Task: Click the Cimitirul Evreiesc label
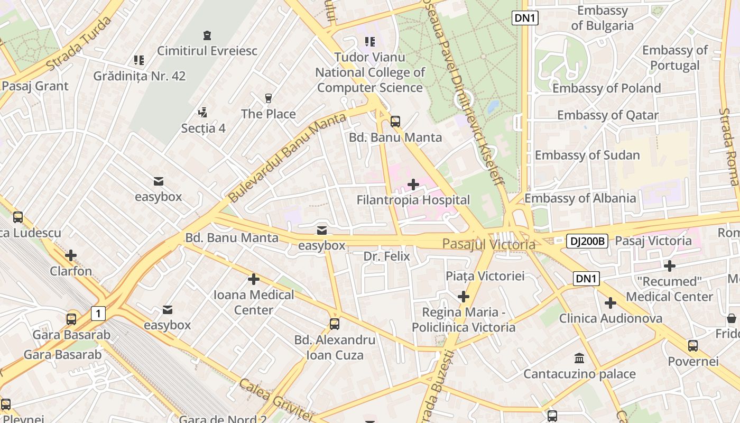[x=207, y=51]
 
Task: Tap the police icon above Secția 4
[x=202, y=112]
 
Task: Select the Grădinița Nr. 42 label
[x=140, y=76]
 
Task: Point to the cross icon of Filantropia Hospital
[x=413, y=185]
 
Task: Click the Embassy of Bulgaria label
[x=602, y=18]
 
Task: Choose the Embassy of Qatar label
[x=608, y=115]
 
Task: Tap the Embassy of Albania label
[x=580, y=198]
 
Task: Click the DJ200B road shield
[x=587, y=241]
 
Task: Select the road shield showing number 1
[x=98, y=313]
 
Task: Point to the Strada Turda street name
[x=79, y=44]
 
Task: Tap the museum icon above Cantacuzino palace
[x=579, y=358]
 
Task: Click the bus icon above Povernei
[x=692, y=346]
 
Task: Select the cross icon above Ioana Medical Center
[x=254, y=279]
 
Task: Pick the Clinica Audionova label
[x=610, y=318]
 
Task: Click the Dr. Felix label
[x=386, y=256]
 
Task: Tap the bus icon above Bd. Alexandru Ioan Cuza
[x=335, y=324]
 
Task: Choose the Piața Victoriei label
[x=485, y=276]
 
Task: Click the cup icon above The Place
[x=268, y=98]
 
